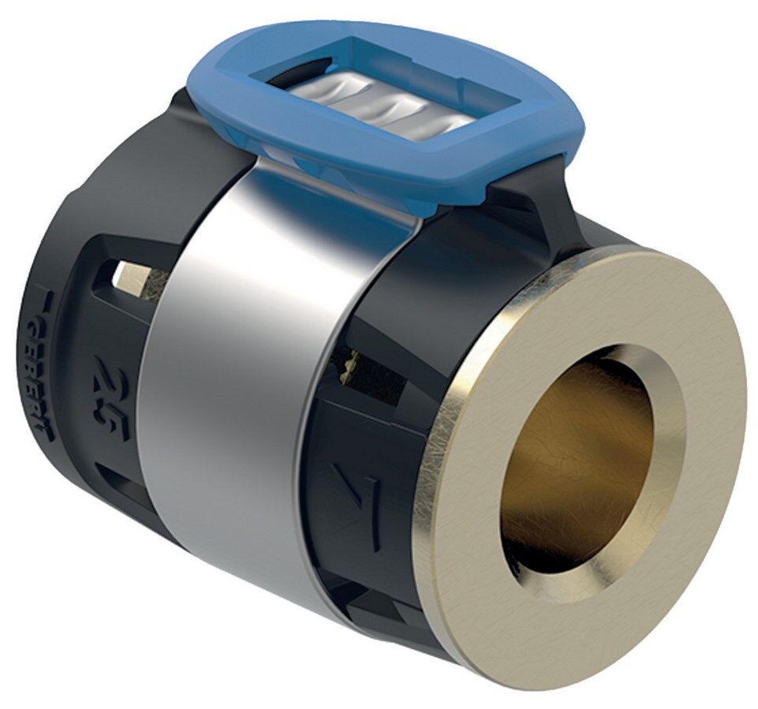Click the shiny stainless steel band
[x=229, y=379]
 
